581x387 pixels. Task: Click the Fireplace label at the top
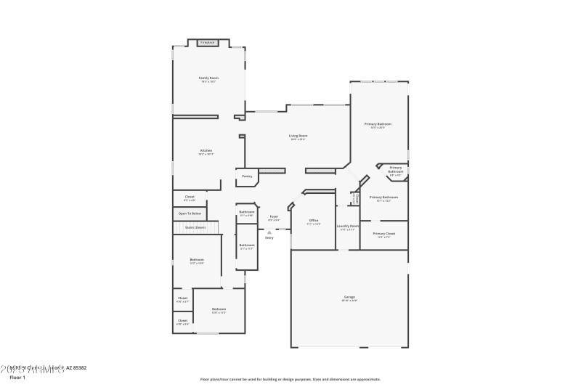[208, 43]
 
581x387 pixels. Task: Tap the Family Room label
[209, 78]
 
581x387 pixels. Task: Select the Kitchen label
[206, 150]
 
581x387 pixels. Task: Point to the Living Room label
[298, 135]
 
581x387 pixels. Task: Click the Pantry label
[247, 176]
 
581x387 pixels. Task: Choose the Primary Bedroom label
[378, 124]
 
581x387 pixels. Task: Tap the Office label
[314, 220]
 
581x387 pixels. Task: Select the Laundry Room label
[348, 226]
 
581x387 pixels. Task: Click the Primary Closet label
[383, 234]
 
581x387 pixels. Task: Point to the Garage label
[349, 296]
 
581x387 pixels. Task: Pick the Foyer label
[274, 216]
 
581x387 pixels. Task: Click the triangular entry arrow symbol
[269, 232]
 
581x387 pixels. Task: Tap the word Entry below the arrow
[269, 237]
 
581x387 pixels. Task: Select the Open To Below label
[190, 213]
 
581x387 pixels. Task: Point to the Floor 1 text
[17, 378]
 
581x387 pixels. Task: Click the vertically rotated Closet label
[357, 198]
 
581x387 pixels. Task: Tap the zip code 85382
[77, 369]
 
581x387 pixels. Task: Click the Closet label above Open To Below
[190, 196]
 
